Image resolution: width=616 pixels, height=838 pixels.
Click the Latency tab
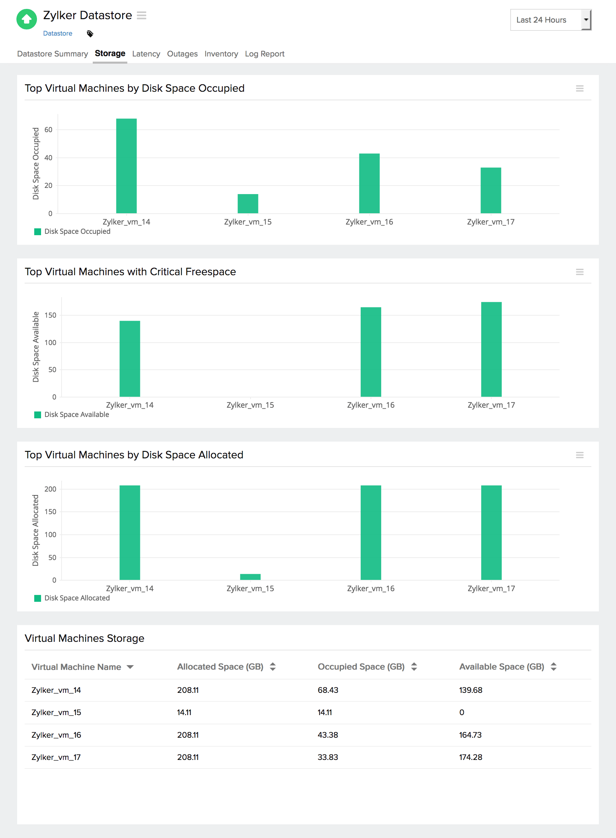click(146, 54)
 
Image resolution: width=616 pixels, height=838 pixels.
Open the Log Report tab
click(265, 54)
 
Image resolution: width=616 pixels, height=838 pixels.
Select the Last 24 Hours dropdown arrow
click(586, 20)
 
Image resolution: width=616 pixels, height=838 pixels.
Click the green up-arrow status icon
click(26, 19)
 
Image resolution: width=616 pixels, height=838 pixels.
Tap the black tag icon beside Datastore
click(90, 34)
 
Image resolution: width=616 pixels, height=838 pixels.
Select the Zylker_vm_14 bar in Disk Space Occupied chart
click(126, 166)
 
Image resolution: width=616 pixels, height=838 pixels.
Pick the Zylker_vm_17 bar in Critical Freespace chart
click(491, 349)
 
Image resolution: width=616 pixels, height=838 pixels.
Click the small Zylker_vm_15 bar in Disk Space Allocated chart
click(250, 576)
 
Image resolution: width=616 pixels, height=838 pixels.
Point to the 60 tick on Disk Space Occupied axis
click(49, 130)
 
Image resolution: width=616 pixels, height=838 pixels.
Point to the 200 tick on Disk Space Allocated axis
click(50, 489)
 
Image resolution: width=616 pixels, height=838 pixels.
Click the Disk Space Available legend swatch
click(37, 415)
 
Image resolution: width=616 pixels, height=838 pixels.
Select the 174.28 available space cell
click(470, 757)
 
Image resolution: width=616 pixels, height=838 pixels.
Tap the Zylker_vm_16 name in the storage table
click(56, 735)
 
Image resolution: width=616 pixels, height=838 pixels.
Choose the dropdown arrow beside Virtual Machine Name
click(130, 667)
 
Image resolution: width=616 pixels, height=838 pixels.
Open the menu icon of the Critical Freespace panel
click(579, 272)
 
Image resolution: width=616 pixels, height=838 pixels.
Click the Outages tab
click(182, 54)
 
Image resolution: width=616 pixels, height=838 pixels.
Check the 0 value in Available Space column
click(462, 712)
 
